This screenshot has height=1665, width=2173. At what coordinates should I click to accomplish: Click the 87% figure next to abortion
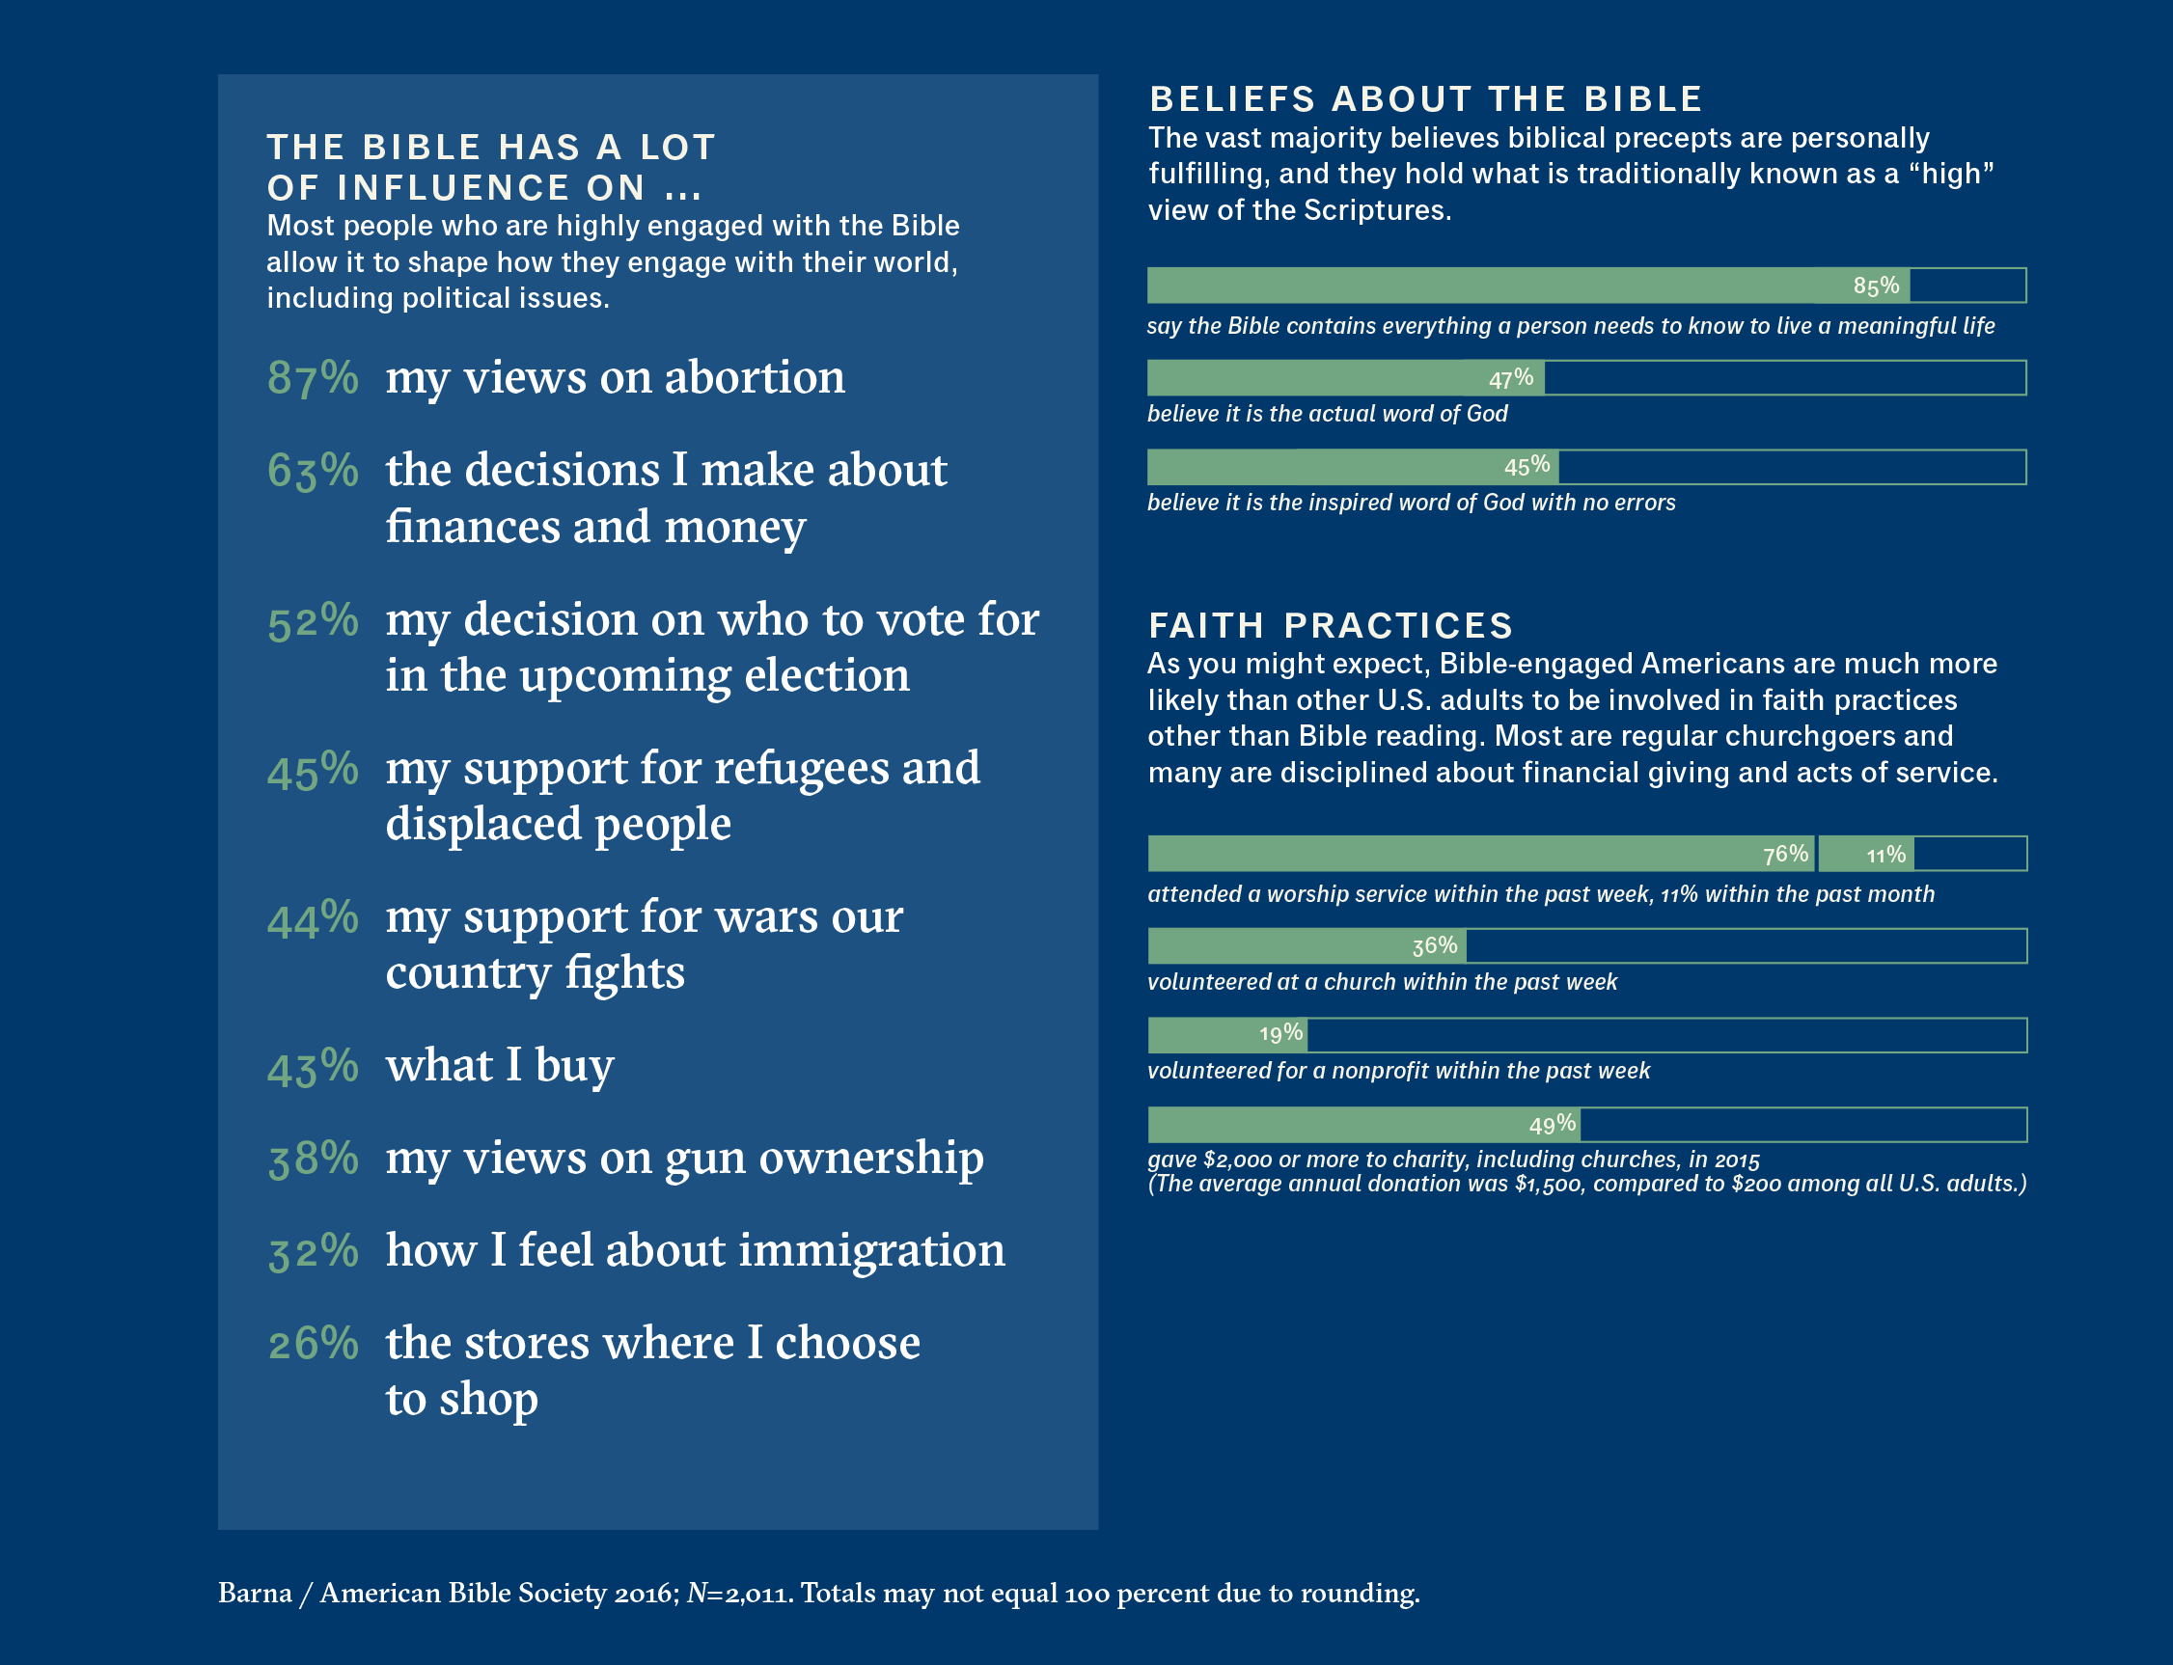(x=313, y=378)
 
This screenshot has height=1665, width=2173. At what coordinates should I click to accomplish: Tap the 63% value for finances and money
(x=313, y=471)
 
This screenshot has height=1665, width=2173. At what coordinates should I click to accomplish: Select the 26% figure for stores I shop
(x=313, y=1345)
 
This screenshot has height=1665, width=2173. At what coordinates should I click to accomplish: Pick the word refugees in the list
(x=801, y=769)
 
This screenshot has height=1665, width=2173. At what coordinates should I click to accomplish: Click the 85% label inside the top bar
(x=1876, y=287)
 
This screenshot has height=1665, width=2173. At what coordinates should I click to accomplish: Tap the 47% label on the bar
(x=1511, y=378)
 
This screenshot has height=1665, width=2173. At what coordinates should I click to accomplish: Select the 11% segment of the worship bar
(x=1885, y=855)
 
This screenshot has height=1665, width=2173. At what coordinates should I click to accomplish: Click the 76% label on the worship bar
(x=1785, y=855)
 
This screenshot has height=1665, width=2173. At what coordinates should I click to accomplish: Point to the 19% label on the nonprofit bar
(x=1280, y=1035)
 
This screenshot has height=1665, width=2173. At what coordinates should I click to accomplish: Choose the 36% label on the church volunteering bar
(x=1435, y=946)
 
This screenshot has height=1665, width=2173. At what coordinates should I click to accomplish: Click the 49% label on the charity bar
(x=1552, y=1125)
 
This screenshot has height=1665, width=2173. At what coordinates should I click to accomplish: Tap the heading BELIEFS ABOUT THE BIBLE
(x=1425, y=99)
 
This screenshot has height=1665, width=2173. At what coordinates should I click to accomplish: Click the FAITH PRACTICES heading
(x=1331, y=625)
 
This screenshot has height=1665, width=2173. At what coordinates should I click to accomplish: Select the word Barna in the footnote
(x=255, y=1594)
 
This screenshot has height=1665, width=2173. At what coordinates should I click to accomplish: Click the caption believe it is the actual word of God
(x=1327, y=414)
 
